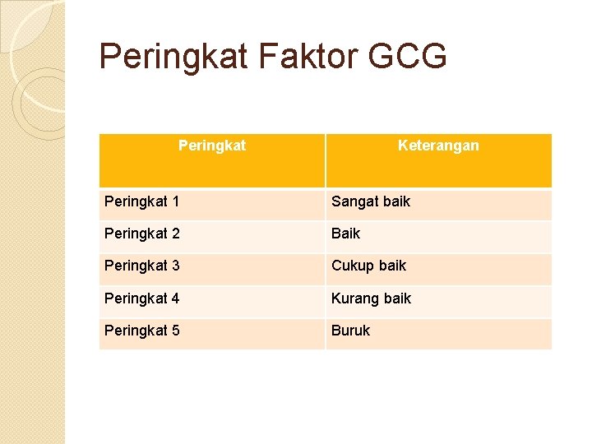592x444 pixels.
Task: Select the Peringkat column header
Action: [212, 146]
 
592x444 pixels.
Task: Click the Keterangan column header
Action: [438, 146]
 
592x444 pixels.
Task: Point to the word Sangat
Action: [354, 202]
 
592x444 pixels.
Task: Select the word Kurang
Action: [354, 299]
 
